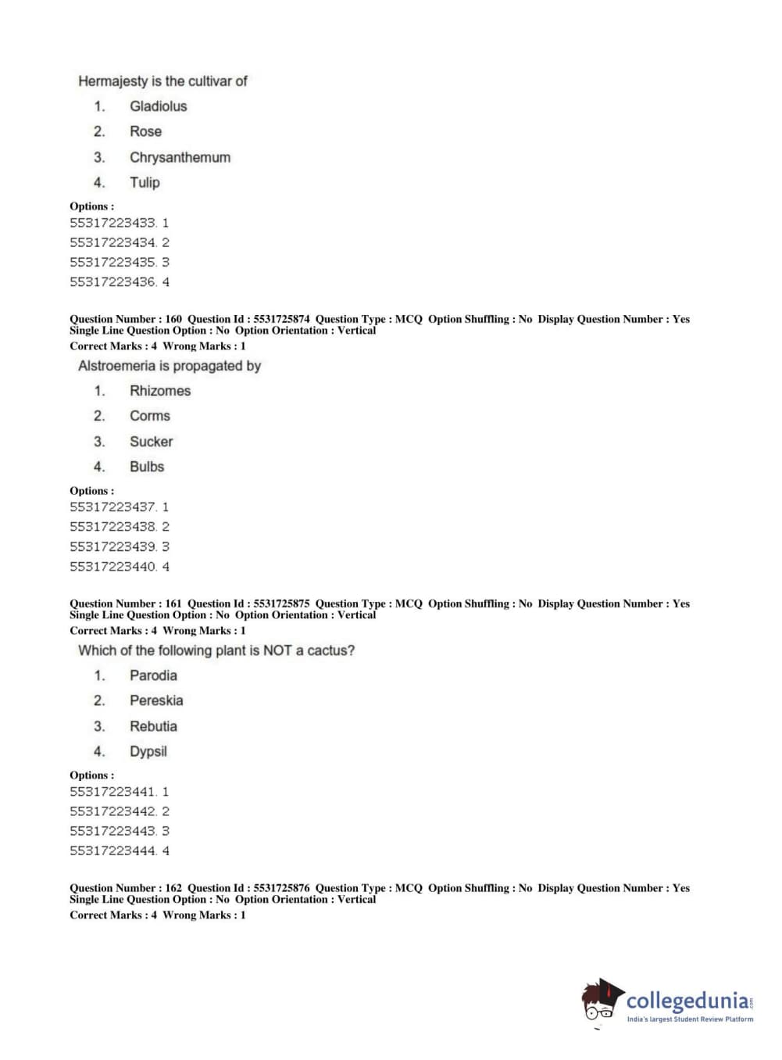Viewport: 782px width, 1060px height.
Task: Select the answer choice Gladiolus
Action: click(x=158, y=106)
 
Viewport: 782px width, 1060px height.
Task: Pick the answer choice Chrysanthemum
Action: click(x=180, y=157)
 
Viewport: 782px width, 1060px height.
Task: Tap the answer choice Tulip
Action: click(x=145, y=183)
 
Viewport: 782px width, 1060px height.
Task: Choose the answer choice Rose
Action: click(x=145, y=131)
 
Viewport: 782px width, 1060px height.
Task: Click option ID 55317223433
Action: click(x=113, y=223)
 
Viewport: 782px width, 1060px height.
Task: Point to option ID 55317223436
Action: click(x=113, y=282)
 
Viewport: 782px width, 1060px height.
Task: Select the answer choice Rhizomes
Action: click(x=159, y=391)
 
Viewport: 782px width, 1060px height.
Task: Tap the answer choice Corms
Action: click(x=149, y=416)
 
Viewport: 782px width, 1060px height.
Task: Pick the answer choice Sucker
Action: click(x=151, y=442)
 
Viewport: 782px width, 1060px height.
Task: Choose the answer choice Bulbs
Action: click(x=147, y=467)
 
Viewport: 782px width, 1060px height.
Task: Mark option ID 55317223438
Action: click(x=113, y=527)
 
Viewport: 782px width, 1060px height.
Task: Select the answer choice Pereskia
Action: click(x=156, y=700)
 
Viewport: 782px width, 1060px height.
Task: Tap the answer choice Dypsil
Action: click(x=148, y=751)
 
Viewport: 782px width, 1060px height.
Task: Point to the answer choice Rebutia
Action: click(x=153, y=726)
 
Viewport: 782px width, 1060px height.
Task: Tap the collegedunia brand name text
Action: click(x=687, y=1001)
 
